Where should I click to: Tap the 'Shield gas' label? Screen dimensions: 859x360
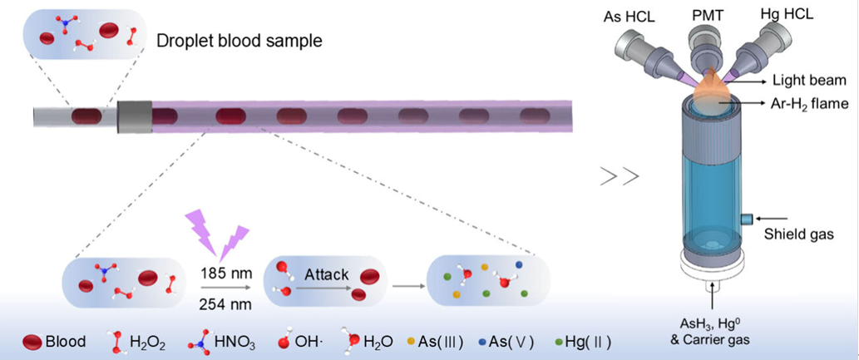(x=799, y=235)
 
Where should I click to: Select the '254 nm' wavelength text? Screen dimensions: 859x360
(x=227, y=303)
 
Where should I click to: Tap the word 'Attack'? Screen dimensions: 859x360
(x=327, y=274)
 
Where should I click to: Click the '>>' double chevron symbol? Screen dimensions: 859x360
(x=620, y=176)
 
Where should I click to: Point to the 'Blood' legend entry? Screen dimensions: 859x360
(x=54, y=343)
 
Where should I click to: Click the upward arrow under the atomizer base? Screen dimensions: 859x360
(x=712, y=298)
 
